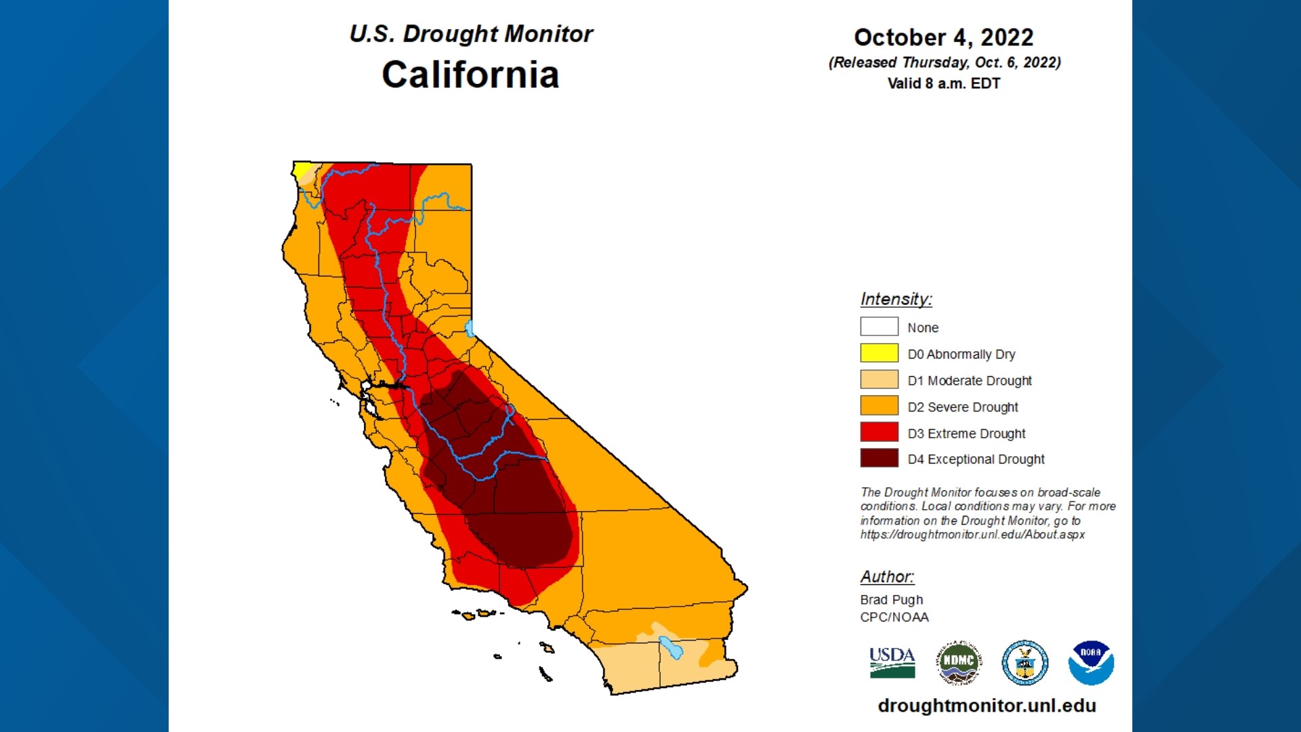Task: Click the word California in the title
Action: [470, 75]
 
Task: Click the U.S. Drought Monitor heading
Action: [470, 34]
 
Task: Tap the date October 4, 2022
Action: [943, 37]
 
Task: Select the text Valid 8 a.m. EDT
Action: [943, 83]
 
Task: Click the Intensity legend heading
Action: [896, 299]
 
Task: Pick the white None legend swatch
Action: [879, 327]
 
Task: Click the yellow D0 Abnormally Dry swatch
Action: [879, 353]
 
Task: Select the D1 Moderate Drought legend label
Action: [969, 380]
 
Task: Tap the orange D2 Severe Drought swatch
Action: [879, 406]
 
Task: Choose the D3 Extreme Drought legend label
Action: [966, 433]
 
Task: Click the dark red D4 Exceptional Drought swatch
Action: [879, 458]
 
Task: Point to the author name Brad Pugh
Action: [891, 600]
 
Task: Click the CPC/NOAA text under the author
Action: [894, 617]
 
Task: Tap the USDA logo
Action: [892, 662]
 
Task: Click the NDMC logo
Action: [958, 662]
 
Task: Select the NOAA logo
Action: [1091, 662]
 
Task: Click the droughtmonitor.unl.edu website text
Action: [987, 706]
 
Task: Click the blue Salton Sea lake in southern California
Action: [671, 647]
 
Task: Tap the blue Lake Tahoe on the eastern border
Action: [469, 329]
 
